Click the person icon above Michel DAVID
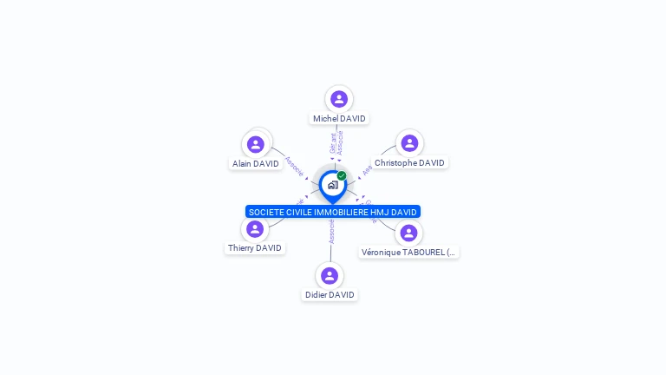click(339, 99)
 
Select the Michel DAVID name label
click(339, 119)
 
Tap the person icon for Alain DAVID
click(255, 144)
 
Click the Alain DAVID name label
click(255, 164)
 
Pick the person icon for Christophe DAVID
click(409, 143)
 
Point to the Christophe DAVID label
click(409, 163)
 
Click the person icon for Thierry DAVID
click(254, 229)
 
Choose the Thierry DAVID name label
click(254, 248)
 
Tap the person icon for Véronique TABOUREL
click(408, 233)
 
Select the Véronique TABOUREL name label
click(408, 253)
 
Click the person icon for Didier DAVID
click(330, 276)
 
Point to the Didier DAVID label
click(330, 295)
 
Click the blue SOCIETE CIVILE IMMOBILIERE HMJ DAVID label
click(333, 212)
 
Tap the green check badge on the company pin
click(342, 176)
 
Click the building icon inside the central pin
click(332, 185)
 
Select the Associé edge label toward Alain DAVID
click(294, 166)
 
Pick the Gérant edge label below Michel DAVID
click(333, 143)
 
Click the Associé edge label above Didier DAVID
click(331, 231)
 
